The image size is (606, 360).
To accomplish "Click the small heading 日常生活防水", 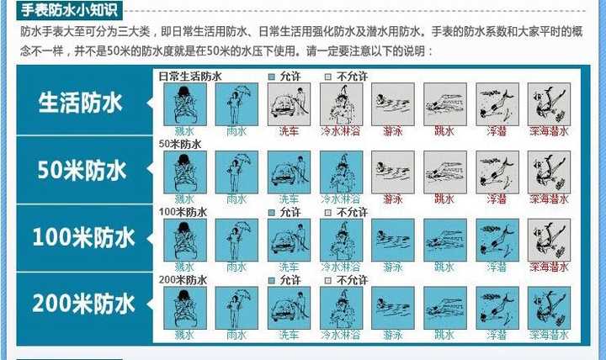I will click(190, 77).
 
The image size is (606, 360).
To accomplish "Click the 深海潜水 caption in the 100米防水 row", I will click(549, 267).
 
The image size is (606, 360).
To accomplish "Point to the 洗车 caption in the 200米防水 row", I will click(288, 335).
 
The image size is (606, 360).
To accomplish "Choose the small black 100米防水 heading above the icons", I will click(183, 212).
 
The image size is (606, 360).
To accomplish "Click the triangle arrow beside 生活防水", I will click(148, 103).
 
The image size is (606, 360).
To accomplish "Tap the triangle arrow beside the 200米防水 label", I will click(148, 304).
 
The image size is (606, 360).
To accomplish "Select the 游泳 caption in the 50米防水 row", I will click(392, 199).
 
